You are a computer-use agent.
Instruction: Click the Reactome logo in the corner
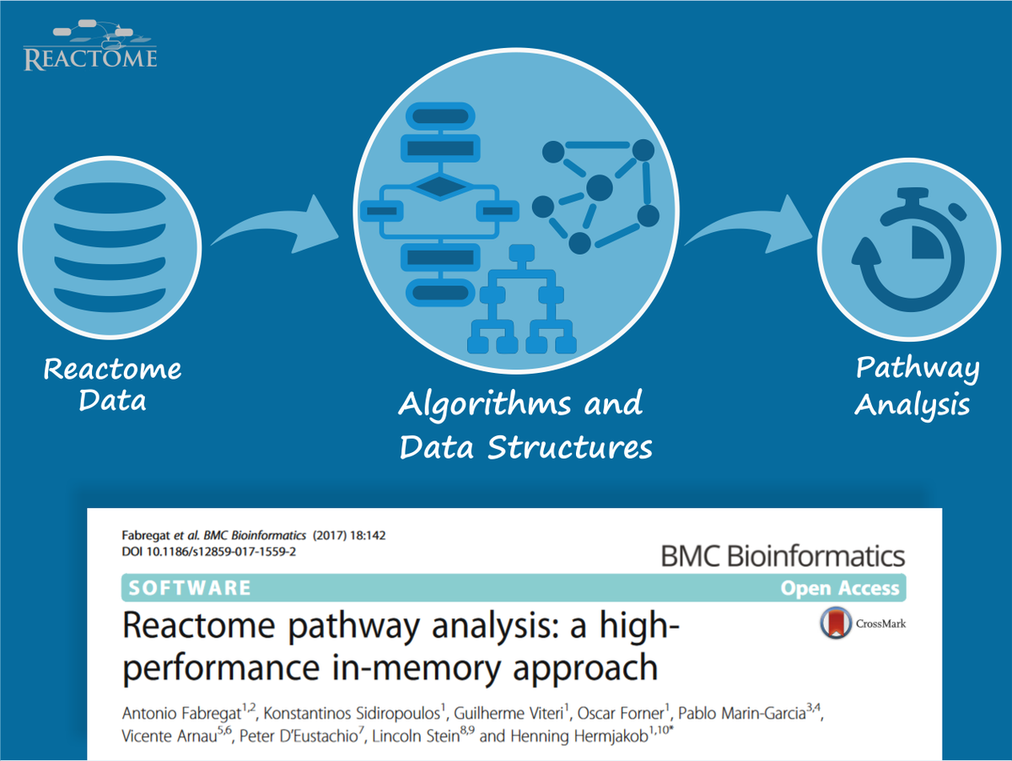pyautogui.click(x=90, y=47)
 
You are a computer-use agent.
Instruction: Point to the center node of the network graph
pyautogui.click(x=599, y=187)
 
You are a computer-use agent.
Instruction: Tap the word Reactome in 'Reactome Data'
pyautogui.click(x=112, y=370)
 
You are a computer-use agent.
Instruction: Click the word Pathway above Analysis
pyautogui.click(x=918, y=369)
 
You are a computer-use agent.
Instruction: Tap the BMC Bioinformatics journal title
pyautogui.click(x=782, y=557)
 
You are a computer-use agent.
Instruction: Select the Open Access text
pyautogui.click(x=840, y=588)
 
